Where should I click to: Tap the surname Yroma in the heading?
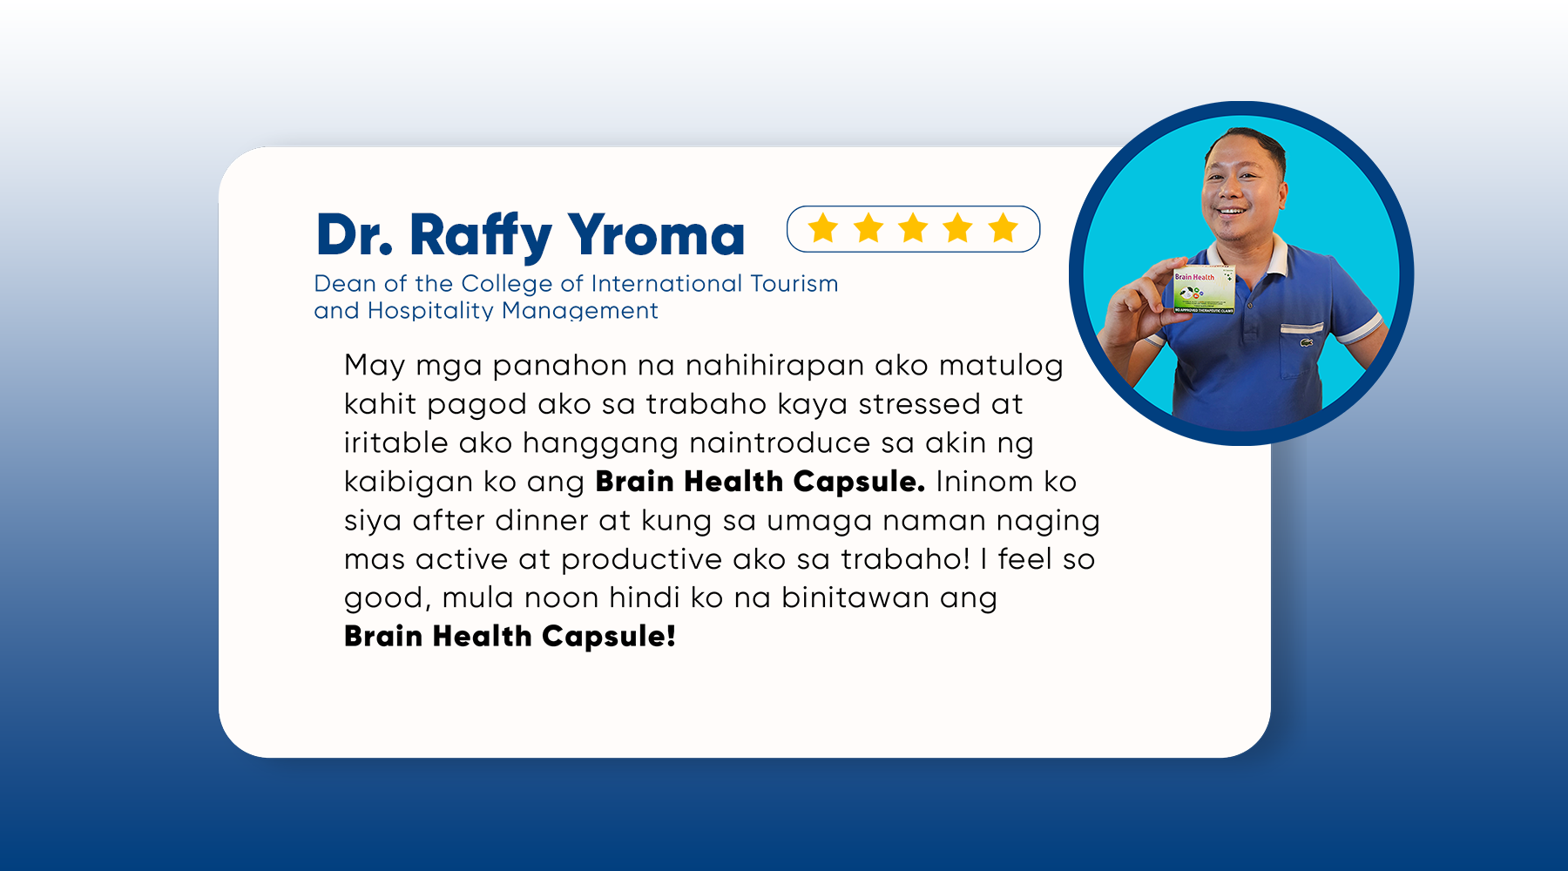658,235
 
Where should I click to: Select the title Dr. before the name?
355,235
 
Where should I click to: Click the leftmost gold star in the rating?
823,229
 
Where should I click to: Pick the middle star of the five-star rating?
913,229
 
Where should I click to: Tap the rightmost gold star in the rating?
1003,229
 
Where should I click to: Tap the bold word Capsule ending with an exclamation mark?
609,637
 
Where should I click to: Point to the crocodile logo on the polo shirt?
1307,342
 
